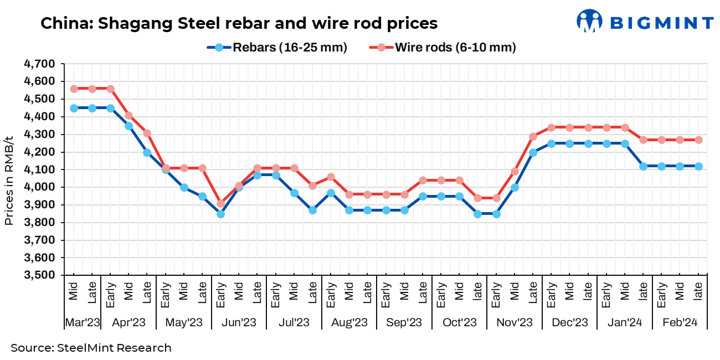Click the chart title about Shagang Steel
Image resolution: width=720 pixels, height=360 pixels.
(x=239, y=24)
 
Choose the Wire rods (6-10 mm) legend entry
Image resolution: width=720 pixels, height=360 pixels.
(x=443, y=48)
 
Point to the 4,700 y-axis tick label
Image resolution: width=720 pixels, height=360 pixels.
(x=39, y=64)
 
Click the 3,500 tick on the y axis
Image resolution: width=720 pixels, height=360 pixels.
(x=39, y=275)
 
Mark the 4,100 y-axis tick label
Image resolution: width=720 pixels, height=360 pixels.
(x=39, y=169)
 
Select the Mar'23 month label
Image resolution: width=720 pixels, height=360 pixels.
(x=82, y=322)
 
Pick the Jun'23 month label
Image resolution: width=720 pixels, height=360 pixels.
(x=239, y=322)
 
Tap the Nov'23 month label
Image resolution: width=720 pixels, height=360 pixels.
(x=515, y=322)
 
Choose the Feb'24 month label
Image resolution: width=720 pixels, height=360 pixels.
(x=680, y=322)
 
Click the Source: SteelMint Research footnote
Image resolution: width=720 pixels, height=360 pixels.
(x=91, y=348)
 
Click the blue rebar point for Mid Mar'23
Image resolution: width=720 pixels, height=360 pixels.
(x=74, y=108)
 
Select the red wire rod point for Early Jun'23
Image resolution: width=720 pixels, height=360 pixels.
(x=220, y=204)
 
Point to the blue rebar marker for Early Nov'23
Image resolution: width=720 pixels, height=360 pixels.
(x=496, y=214)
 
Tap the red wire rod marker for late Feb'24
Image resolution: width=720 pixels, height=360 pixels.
(x=698, y=140)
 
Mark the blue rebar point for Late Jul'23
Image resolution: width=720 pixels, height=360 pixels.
(x=312, y=210)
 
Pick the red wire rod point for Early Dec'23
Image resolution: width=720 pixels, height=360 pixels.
(x=551, y=127)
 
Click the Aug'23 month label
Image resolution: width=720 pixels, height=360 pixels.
(x=349, y=322)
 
